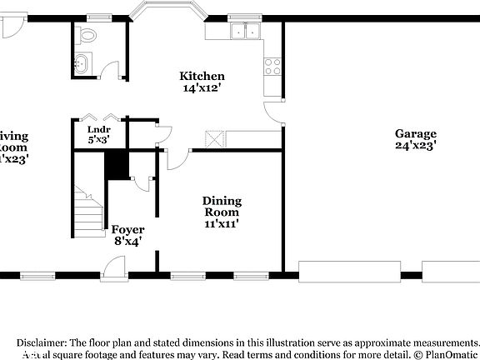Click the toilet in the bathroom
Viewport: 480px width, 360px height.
87,35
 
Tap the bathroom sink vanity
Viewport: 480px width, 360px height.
82,63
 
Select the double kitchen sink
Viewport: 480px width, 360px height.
245,32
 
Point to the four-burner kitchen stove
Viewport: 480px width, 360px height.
272,67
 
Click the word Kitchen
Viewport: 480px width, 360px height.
201,75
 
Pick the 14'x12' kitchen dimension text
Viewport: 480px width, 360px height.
201,87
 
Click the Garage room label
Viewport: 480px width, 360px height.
416,133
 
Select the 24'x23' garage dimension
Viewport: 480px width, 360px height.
416,145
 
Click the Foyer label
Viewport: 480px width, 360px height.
127,230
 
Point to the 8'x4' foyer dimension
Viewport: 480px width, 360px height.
127,242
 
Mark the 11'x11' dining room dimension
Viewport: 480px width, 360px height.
222,223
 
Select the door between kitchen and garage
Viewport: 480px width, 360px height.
273,114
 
